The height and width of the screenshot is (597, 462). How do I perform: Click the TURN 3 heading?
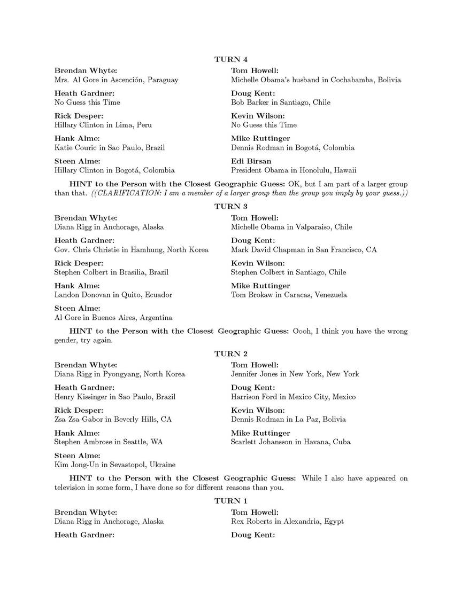231,206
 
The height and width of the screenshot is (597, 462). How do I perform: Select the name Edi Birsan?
251,161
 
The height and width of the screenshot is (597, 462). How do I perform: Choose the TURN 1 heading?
231,501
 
